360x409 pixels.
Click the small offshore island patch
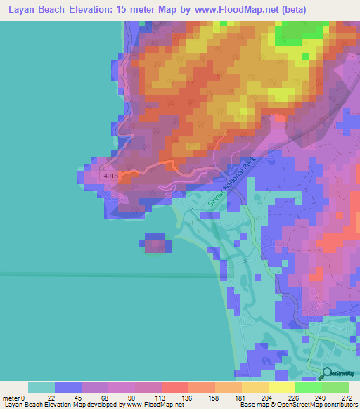pos(157,243)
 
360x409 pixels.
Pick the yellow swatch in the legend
pos(281,387)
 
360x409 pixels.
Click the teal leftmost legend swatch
pos(41,387)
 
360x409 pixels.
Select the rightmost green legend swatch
pos(335,387)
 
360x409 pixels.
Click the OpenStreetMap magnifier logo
pos(328,373)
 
